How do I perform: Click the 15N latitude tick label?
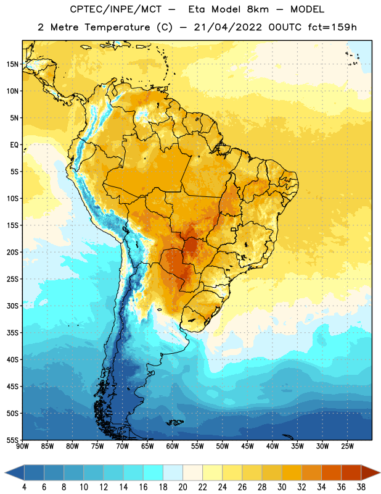[x=12, y=64]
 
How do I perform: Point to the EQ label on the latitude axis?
[x=14, y=145]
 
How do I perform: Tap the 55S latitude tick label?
[x=12, y=440]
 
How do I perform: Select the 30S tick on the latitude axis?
[x=12, y=306]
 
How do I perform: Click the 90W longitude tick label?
[x=22, y=446]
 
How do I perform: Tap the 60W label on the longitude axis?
[x=173, y=446]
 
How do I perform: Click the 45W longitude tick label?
[x=247, y=446]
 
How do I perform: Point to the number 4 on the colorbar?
[x=24, y=487]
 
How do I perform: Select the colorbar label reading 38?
[x=361, y=487]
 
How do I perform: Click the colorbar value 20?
[x=182, y=487]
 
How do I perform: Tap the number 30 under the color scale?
[x=282, y=487]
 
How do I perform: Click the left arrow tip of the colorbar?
[x=5, y=473]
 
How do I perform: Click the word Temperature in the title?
[x=117, y=27]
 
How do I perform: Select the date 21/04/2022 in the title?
[x=227, y=27]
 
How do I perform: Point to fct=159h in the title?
[x=332, y=27]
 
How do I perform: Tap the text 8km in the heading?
[x=258, y=9]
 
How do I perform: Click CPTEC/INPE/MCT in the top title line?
[x=116, y=9]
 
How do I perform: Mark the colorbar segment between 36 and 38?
[x=351, y=473]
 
